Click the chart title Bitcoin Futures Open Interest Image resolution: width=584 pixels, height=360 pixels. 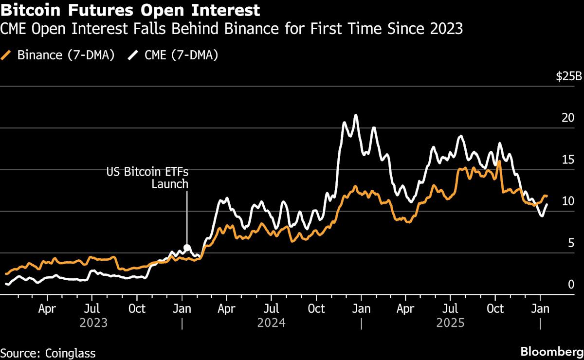(x=130, y=10)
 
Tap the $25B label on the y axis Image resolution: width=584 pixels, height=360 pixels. (x=569, y=77)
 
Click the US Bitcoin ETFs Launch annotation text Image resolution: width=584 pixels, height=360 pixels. (x=147, y=178)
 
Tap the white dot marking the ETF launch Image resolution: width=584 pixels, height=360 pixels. (x=187, y=247)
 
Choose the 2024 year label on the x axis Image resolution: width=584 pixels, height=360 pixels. (x=271, y=323)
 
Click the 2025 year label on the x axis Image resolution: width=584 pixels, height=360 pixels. (x=450, y=323)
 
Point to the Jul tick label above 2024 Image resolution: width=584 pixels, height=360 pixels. (x=271, y=308)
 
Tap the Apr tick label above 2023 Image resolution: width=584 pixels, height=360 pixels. (x=47, y=308)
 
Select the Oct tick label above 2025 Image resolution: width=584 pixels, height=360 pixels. (x=495, y=308)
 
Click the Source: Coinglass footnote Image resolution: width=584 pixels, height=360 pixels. (x=48, y=353)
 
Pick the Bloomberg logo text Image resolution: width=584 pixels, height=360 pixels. (x=552, y=352)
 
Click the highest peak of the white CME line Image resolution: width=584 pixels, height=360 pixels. (x=356, y=115)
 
